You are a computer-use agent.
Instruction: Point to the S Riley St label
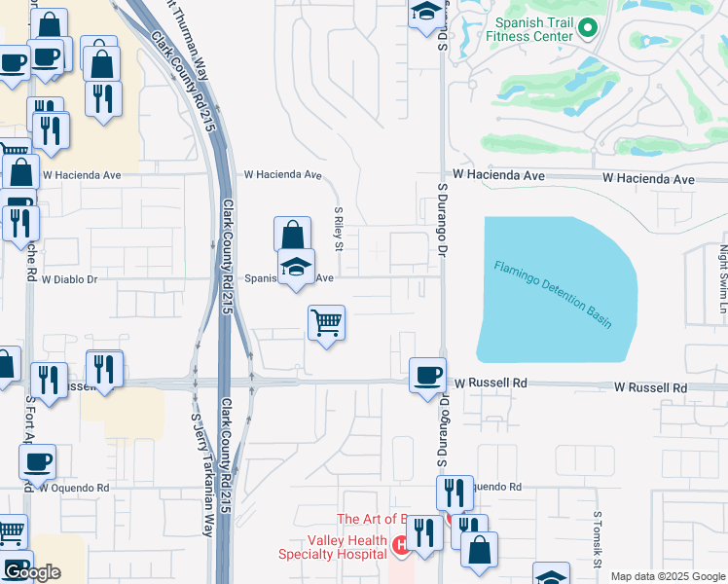point(339,228)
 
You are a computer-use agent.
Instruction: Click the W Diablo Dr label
point(69,279)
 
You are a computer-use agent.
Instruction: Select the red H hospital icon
point(400,542)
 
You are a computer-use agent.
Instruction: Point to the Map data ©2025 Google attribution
point(668,576)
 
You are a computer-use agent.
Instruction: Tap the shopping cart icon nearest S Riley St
point(327,323)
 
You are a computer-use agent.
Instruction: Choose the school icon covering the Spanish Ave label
point(297,267)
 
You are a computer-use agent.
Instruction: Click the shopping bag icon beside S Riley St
point(292,235)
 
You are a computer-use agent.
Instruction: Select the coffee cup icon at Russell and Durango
point(427,375)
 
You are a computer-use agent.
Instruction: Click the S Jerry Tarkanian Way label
point(200,475)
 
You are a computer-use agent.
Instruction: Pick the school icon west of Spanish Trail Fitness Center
point(425,13)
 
